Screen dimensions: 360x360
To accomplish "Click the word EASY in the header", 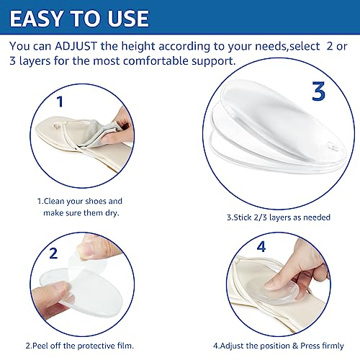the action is click(x=36, y=18).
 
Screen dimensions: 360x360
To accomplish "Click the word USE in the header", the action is click(x=128, y=18).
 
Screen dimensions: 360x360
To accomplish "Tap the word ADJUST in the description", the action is click(x=76, y=46).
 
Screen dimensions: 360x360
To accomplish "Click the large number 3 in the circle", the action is click(x=318, y=91).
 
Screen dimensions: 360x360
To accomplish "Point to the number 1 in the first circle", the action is click(x=60, y=102).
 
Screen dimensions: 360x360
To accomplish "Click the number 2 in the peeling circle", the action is click(x=53, y=253).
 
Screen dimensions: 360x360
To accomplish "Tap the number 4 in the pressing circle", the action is click(x=261, y=246).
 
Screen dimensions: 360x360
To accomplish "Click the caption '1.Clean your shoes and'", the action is click(x=80, y=201).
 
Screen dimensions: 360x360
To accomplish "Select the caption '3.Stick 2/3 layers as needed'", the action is click(x=279, y=217).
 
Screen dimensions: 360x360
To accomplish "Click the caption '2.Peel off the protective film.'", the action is click(x=80, y=346).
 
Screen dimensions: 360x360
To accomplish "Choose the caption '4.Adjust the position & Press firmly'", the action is click(x=279, y=346).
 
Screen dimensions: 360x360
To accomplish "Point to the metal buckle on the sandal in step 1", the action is click(x=57, y=126).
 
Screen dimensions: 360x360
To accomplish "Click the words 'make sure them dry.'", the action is click(x=81, y=213).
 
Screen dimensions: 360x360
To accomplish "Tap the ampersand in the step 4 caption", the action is click(x=295, y=346).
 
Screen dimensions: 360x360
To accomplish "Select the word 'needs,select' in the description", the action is click(x=287, y=46).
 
